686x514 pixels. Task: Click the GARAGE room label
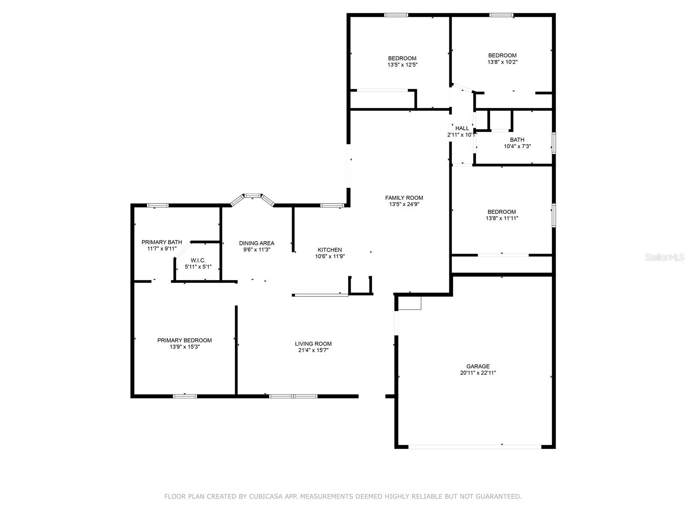478,366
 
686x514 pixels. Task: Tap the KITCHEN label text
329,250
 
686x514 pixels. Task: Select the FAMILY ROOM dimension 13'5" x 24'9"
404,204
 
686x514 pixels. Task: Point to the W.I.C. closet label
198,260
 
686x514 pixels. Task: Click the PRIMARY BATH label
162,242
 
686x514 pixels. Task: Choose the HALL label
462,128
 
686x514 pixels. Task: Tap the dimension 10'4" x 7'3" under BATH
517,146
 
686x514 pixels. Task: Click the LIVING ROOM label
313,344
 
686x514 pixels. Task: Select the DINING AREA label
256,243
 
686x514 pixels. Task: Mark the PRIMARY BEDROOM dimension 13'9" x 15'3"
184,347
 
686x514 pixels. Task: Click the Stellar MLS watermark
664,257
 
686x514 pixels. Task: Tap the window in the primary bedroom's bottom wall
185,396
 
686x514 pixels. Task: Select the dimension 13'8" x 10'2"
502,62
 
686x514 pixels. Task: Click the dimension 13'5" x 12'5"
402,65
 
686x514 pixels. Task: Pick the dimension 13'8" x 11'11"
502,218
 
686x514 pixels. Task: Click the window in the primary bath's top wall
158,205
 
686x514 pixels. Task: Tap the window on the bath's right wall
554,143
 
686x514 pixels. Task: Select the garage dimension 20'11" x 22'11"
478,373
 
